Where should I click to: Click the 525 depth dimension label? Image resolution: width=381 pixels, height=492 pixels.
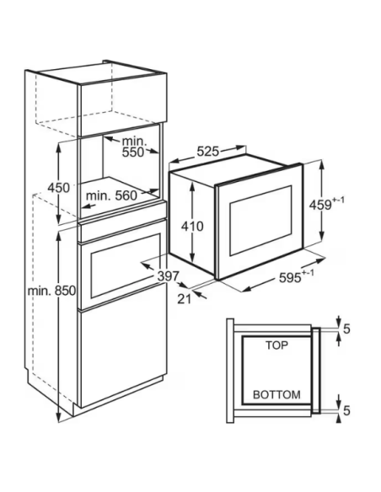(x=207, y=152)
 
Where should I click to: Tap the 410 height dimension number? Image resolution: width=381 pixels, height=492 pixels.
(x=192, y=226)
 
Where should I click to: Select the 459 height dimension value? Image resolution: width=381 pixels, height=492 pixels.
(x=320, y=205)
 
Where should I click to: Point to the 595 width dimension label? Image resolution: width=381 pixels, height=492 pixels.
(x=290, y=278)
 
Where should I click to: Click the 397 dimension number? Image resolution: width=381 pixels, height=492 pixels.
(x=168, y=276)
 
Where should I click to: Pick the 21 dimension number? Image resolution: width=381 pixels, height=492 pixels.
(x=185, y=299)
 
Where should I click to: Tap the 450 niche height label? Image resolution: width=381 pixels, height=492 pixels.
(x=58, y=188)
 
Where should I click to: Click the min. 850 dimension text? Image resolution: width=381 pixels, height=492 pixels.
(x=51, y=291)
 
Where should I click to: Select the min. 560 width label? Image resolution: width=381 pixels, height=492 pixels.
(x=112, y=195)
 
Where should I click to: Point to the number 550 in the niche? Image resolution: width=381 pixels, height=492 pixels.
(x=132, y=152)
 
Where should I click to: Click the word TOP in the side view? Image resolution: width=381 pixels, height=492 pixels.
(x=276, y=345)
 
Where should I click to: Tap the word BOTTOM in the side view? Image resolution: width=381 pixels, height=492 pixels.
(x=276, y=394)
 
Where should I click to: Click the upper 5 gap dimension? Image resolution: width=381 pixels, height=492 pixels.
(x=346, y=329)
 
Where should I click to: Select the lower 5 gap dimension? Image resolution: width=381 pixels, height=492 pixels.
(x=346, y=410)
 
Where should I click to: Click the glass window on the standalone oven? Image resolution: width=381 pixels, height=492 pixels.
(x=260, y=220)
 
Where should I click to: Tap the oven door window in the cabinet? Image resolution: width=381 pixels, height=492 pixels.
(x=126, y=266)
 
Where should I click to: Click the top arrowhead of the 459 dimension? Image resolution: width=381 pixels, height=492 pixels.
(x=321, y=164)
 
